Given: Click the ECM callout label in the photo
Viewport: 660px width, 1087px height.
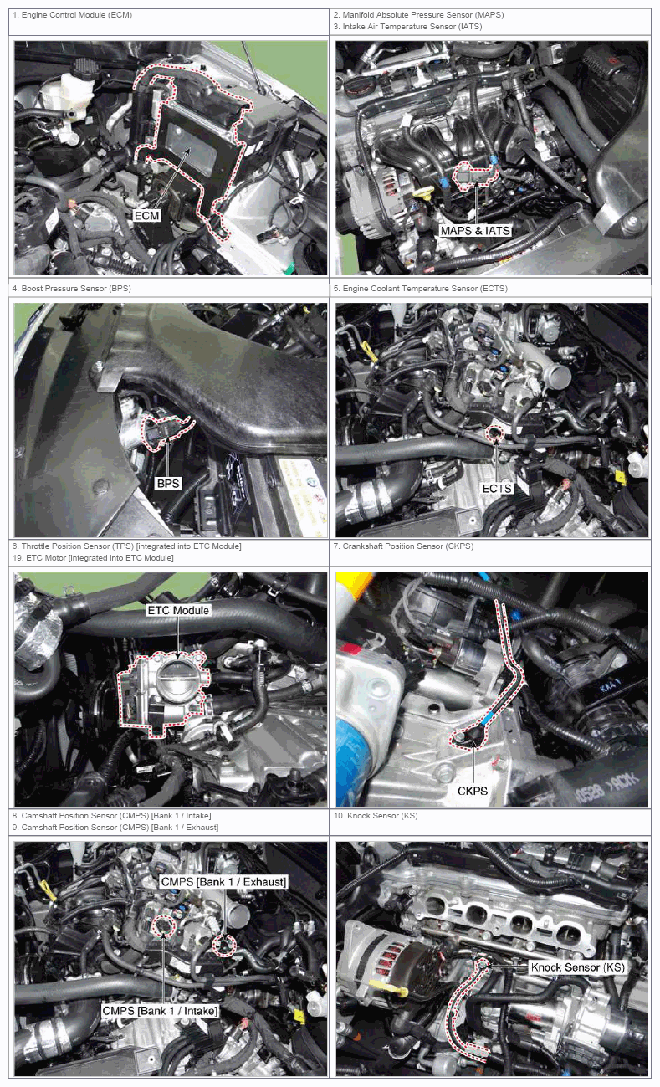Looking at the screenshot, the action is click(146, 215).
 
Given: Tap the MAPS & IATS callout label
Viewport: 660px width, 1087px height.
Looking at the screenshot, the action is click(475, 231).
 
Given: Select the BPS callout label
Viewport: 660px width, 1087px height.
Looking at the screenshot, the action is click(168, 484).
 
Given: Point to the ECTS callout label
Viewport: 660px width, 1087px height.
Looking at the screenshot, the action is click(497, 488).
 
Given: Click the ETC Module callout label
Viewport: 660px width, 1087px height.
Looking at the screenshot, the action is click(178, 610).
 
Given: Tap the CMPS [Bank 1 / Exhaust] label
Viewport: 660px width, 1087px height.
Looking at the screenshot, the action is click(223, 881).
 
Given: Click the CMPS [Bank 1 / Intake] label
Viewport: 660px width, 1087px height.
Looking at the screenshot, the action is click(160, 1010).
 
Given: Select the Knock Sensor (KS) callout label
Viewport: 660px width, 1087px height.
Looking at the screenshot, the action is click(577, 967).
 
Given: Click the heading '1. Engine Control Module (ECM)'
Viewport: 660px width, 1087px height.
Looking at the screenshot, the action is click(72, 15).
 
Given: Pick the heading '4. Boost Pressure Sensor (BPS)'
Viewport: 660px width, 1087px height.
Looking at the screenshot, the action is click(71, 288).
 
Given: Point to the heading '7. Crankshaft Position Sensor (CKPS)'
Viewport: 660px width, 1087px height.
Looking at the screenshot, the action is click(403, 546).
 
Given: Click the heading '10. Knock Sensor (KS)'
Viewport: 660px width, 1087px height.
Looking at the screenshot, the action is click(376, 815).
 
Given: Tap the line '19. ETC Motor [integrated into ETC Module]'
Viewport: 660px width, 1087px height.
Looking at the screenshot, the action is click(93, 557).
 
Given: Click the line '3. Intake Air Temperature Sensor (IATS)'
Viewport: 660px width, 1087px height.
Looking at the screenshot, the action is click(407, 27).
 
